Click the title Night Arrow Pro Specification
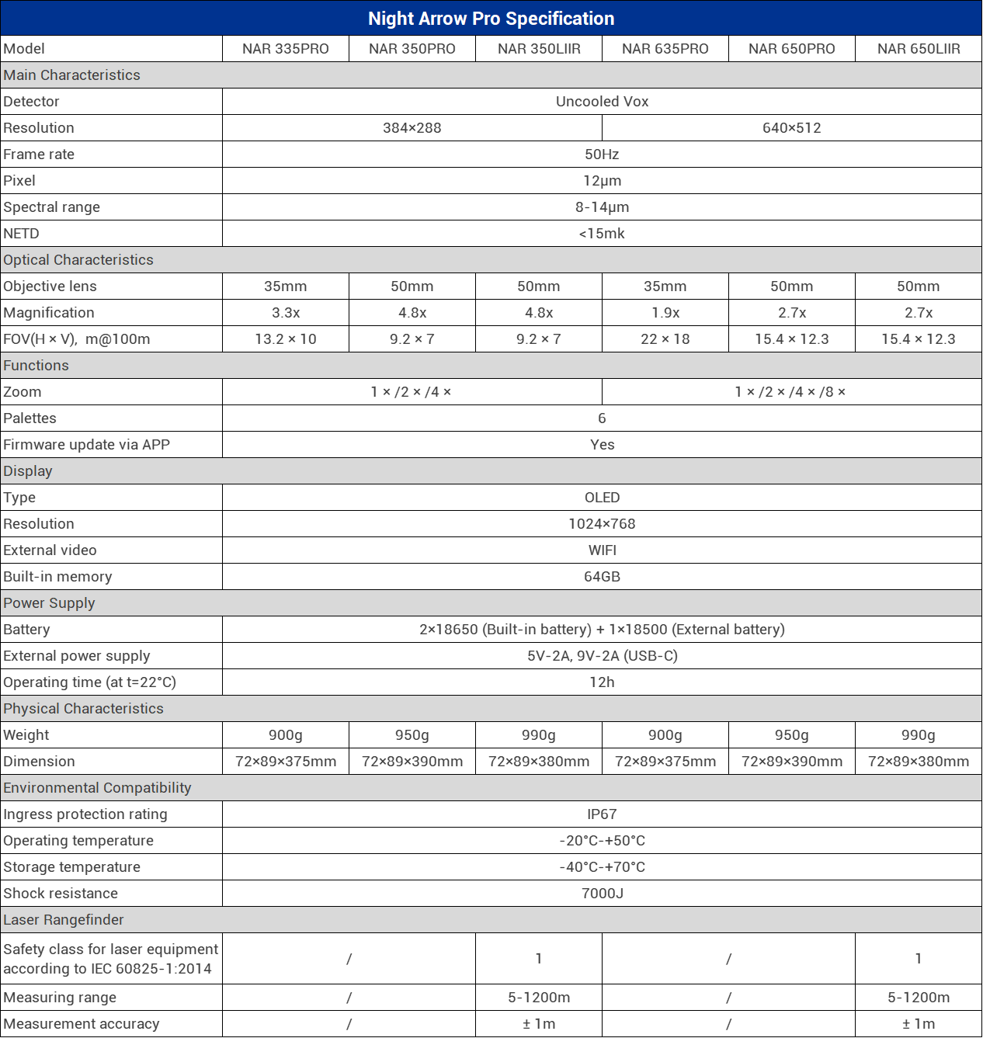coord(491,19)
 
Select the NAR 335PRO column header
coord(286,49)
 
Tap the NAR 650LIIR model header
coord(919,49)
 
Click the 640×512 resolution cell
coord(791,128)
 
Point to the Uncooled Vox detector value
coord(602,102)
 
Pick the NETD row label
coord(21,234)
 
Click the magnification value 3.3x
coord(286,313)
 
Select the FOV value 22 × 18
coord(665,339)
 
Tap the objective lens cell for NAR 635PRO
coord(665,286)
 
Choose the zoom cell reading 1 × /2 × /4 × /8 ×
coord(790,392)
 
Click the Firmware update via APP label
coord(86,445)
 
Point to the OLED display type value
coord(602,498)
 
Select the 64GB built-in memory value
coord(602,577)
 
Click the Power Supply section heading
coord(49,603)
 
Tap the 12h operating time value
coord(602,682)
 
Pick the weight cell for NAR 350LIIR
coord(539,735)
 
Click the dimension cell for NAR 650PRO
coord(792,762)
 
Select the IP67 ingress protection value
coord(602,814)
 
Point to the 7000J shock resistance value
coord(602,894)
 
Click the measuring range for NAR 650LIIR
coord(919,998)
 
